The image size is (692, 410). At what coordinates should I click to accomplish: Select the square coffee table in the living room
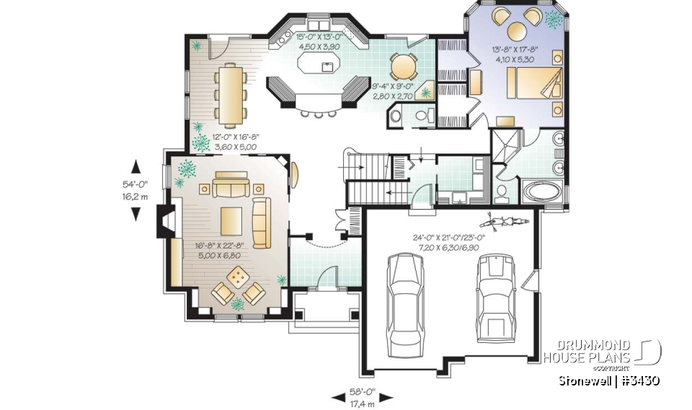231,216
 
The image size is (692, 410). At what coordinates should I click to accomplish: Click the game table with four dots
239,277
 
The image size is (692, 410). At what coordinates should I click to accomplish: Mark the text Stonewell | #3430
610,380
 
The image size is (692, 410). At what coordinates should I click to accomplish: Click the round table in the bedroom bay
518,30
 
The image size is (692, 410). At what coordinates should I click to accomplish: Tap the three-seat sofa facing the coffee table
229,189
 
